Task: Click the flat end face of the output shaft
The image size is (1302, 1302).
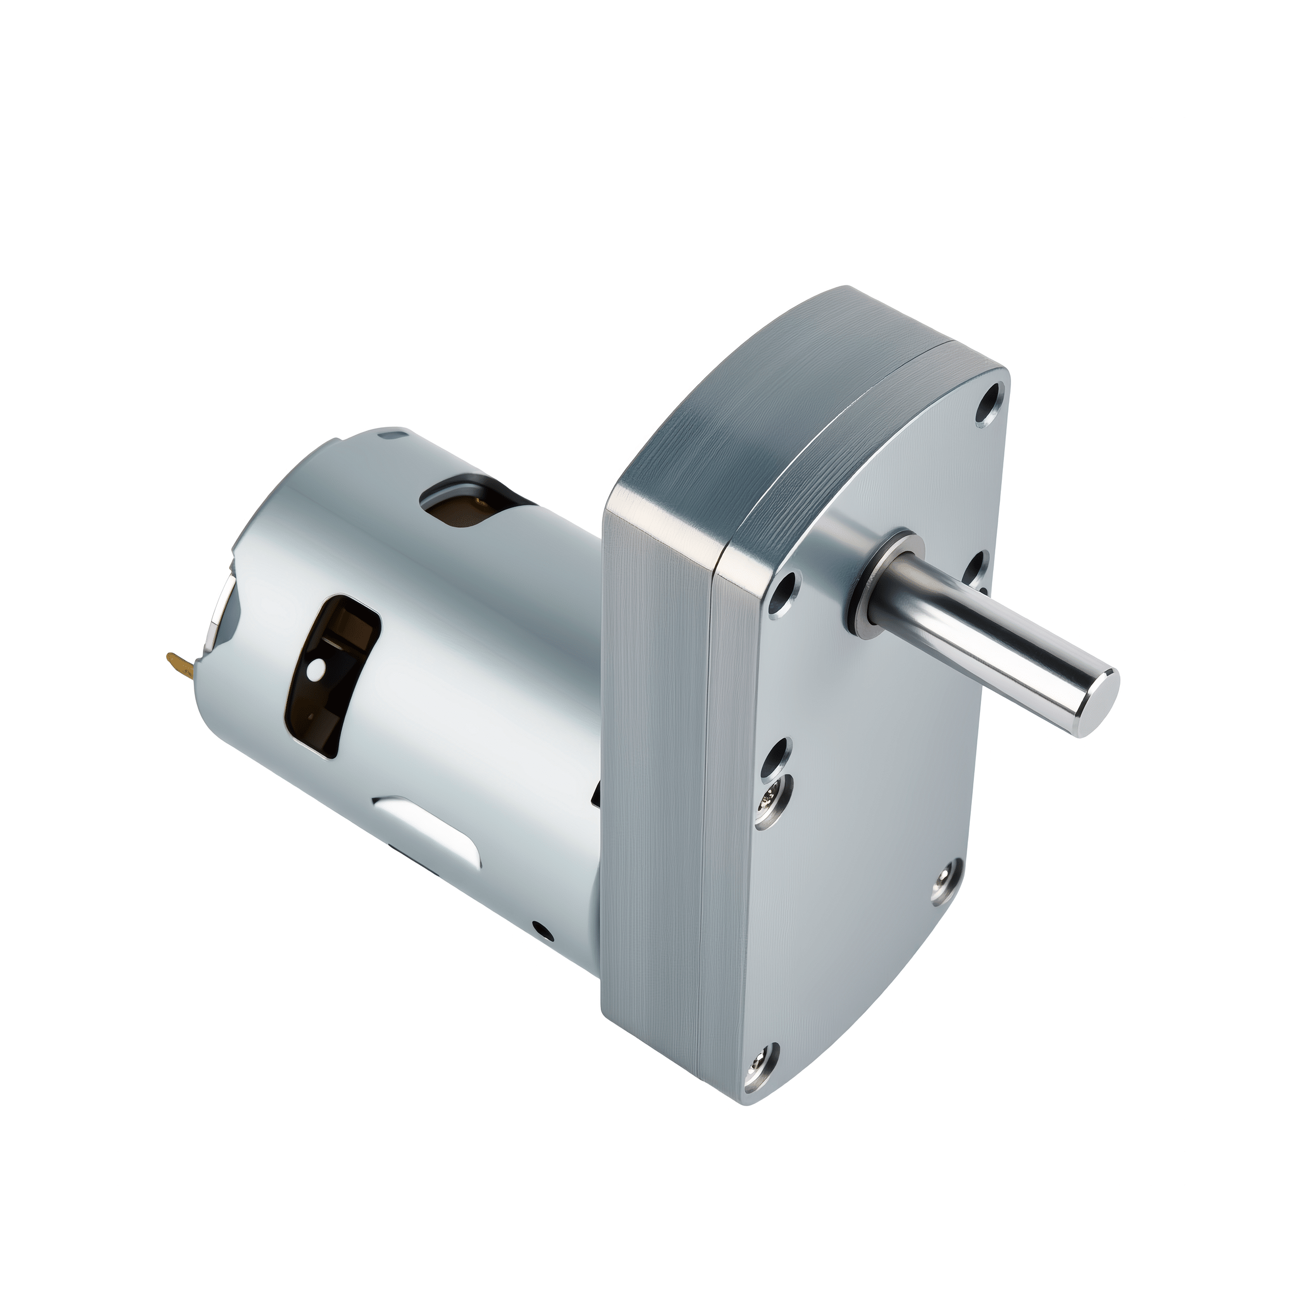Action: [x=1097, y=701]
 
